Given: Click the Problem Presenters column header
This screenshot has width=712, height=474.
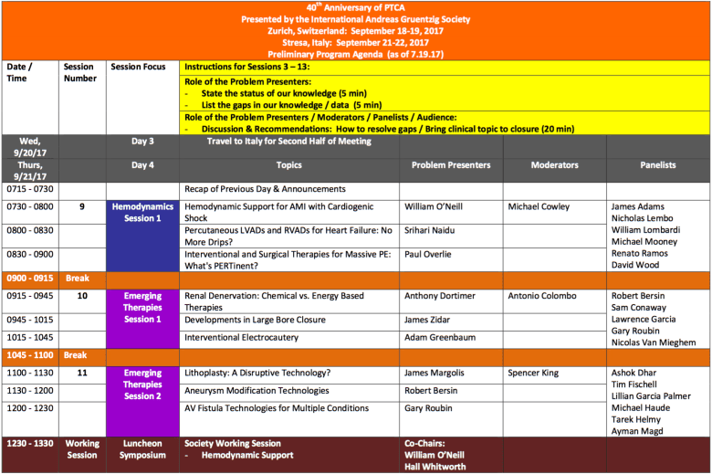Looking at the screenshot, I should (451, 165).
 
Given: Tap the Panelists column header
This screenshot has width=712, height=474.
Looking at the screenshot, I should (657, 165).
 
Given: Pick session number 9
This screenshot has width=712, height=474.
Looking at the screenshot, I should (81, 207).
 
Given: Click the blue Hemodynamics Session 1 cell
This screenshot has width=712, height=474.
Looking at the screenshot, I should (141, 235).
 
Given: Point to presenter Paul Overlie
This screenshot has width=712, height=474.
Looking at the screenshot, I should (433, 255).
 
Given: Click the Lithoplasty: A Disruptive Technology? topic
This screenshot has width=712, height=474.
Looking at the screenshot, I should (257, 373).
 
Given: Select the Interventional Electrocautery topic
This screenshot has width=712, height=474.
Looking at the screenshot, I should (243, 337).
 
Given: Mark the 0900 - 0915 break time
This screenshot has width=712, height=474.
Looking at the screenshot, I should (29, 278).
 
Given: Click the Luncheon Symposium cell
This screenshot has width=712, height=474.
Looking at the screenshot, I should (141, 448).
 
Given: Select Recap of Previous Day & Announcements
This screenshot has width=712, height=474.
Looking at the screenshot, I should (259, 189).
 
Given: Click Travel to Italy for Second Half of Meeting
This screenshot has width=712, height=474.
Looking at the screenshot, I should (288, 142).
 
